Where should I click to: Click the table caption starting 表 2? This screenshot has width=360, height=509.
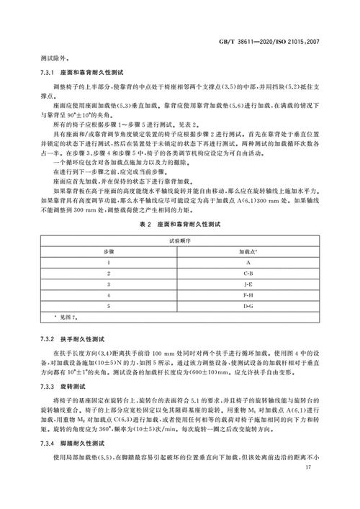click(x=181, y=225)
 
